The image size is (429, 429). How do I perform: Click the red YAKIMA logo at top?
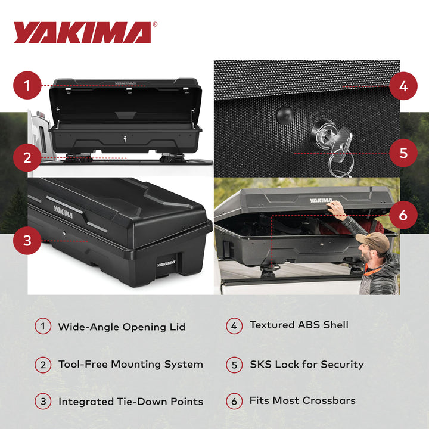tap(82, 33)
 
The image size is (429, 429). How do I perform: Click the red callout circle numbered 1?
tap(27, 86)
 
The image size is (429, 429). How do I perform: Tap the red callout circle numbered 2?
tap(27, 158)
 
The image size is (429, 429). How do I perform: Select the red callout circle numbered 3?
tap(27, 241)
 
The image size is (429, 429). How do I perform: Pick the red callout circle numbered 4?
tap(403, 86)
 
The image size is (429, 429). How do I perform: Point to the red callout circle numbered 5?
tap(403, 153)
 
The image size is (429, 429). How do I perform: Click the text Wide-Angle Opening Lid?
tap(122, 327)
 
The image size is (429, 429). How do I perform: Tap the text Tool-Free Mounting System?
tap(130, 364)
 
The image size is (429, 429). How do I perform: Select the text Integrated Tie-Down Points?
tap(130, 402)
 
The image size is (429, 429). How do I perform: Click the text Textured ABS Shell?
tap(299, 325)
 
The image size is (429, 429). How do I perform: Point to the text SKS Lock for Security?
tap(306, 364)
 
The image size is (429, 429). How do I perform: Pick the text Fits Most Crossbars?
tap(302, 400)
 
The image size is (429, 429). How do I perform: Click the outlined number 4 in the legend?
tap(234, 326)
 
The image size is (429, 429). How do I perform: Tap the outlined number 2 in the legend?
tap(43, 364)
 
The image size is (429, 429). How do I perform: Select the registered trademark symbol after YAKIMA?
tap(156, 25)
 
